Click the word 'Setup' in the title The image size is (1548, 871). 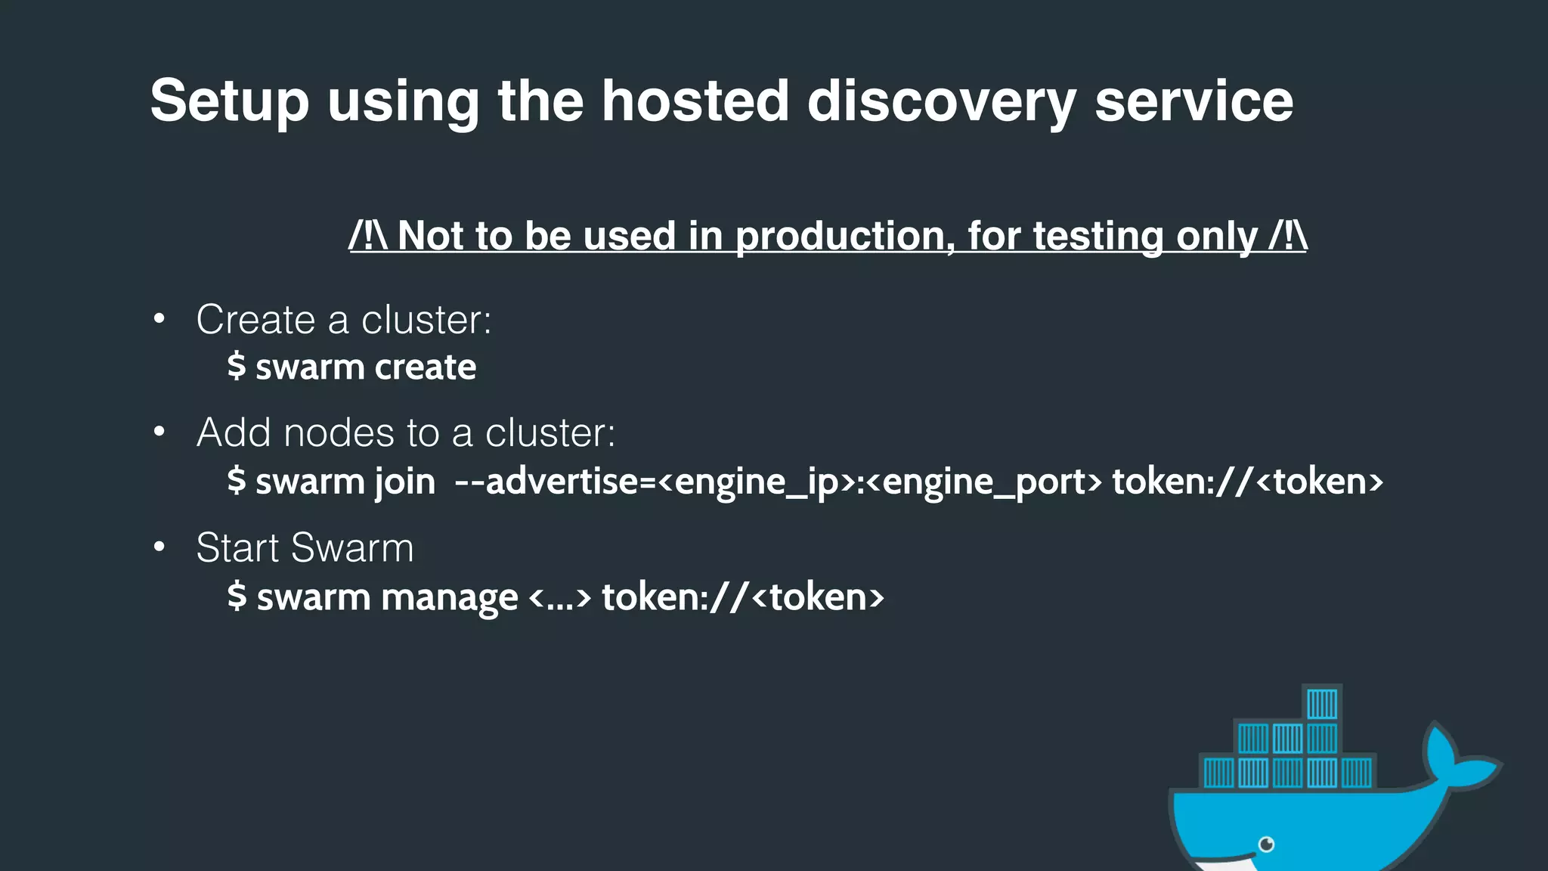pyautogui.click(x=229, y=101)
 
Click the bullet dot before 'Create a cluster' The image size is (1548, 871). pyautogui.click(x=159, y=319)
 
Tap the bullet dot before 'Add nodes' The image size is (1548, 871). pyautogui.click(x=159, y=432)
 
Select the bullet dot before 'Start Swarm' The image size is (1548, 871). pyautogui.click(x=159, y=547)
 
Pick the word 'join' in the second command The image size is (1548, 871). pyautogui.click(x=405, y=482)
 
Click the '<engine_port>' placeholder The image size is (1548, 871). pyautogui.click(x=983, y=482)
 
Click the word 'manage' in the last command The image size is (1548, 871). pyautogui.click(x=450, y=597)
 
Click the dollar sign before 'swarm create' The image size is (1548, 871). pyautogui.click(x=237, y=367)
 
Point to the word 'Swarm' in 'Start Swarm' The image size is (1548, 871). pyautogui.click(x=352, y=547)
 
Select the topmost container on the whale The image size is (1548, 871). pyautogui.click(x=1322, y=704)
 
